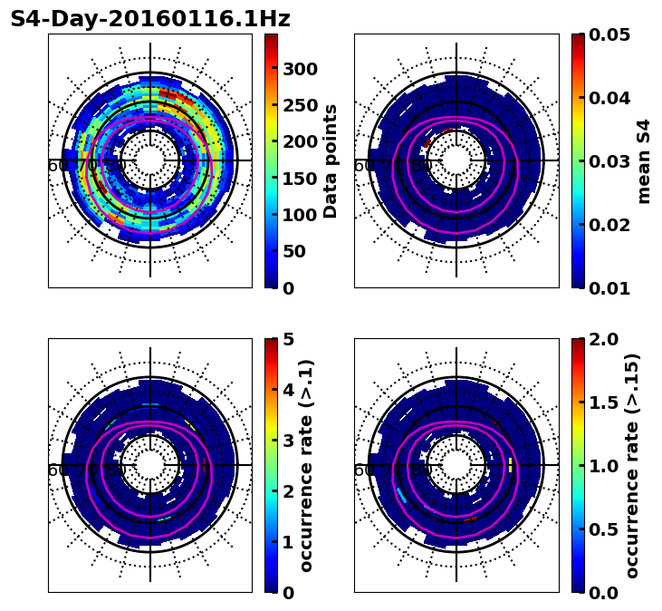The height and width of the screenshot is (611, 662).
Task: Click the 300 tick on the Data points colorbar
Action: (300, 69)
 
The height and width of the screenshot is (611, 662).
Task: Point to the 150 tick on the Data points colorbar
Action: (300, 179)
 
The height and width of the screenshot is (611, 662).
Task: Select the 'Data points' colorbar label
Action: (331, 161)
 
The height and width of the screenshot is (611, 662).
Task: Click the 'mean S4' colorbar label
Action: (644, 161)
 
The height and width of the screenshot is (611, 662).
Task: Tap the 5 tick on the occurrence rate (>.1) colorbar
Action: (287, 339)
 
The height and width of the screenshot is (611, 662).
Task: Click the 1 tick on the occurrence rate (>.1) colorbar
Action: (287, 542)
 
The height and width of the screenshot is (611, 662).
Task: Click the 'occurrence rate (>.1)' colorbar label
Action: (307, 466)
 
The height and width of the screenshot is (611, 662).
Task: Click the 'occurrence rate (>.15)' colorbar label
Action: (632, 466)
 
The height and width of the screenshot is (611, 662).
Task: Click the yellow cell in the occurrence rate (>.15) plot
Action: (511, 465)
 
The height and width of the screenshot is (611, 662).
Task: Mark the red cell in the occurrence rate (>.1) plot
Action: (206, 465)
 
